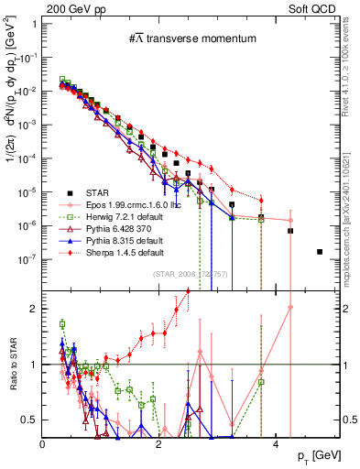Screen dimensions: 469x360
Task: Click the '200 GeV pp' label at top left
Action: point(70,7)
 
